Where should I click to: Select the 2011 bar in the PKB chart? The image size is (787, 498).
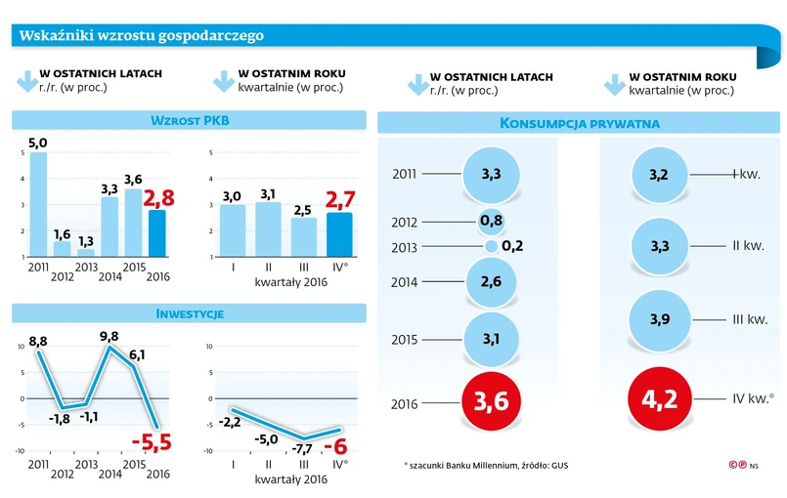point(38,204)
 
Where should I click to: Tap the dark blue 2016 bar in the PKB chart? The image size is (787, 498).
point(157,232)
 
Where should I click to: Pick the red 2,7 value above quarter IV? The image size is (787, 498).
point(338,202)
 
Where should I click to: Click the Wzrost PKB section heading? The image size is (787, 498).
point(190,121)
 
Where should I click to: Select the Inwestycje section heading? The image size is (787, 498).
point(190,313)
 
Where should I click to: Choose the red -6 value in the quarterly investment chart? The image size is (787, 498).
point(337,445)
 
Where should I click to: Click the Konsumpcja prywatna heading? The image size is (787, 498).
point(579,123)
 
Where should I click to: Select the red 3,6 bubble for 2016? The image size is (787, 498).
point(491,401)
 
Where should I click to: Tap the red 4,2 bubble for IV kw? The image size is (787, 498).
point(658,400)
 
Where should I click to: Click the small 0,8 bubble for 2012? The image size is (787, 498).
point(491,221)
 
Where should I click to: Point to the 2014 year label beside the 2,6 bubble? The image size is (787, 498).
point(405,282)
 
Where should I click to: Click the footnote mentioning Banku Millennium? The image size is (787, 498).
point(485,464)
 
